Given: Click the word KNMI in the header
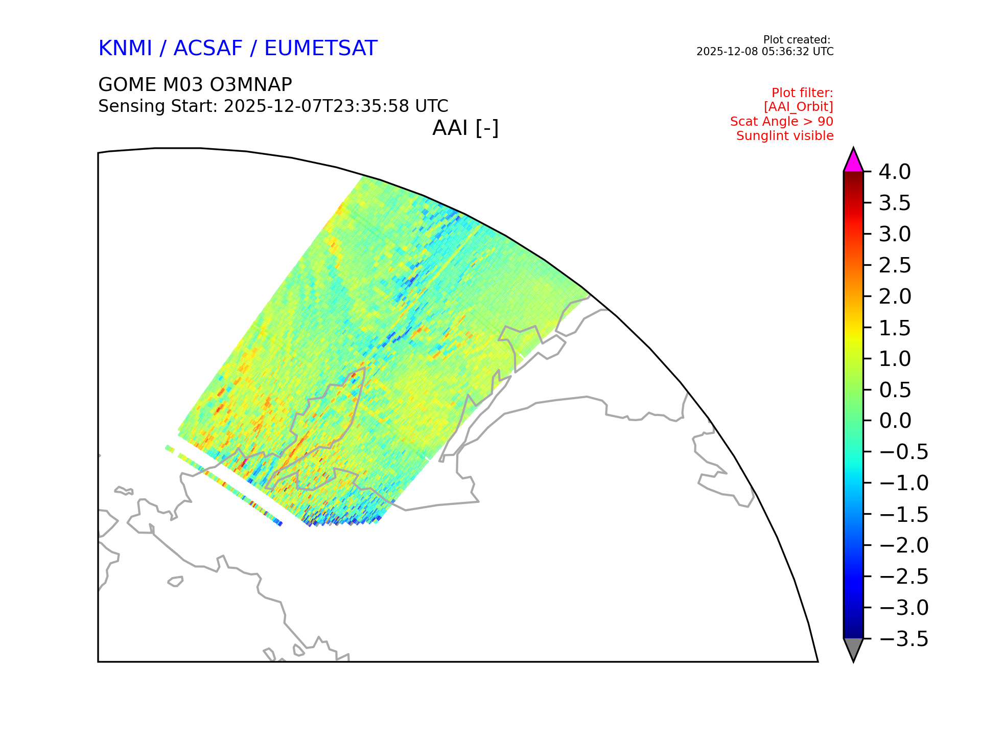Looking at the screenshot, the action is click(125, 48).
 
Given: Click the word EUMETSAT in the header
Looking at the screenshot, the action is click(321, 48).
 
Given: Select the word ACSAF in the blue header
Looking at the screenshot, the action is click(208, 48).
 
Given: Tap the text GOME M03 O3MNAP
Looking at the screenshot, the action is click(195, 84).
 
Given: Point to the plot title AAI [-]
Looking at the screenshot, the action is click(465, 128).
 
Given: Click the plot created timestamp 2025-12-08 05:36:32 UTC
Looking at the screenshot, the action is click(765, 52).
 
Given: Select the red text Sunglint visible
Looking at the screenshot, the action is click(785, 136).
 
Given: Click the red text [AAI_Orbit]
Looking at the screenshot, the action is click(799, 107).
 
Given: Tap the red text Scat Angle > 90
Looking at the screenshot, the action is click(782, 122).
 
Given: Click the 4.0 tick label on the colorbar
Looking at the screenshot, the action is click(895, 172).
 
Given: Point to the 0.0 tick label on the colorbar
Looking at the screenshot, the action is click(895, 421).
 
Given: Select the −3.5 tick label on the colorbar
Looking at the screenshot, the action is click(903, 639).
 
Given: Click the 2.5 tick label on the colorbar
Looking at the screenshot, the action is click(895, 265).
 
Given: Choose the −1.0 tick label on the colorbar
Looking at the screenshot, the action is click(903, 483).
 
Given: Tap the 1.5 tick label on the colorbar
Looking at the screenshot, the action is click(895, 328).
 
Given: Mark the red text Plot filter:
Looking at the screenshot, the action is click(802, 93).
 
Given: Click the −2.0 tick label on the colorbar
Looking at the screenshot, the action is click(903, 545).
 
